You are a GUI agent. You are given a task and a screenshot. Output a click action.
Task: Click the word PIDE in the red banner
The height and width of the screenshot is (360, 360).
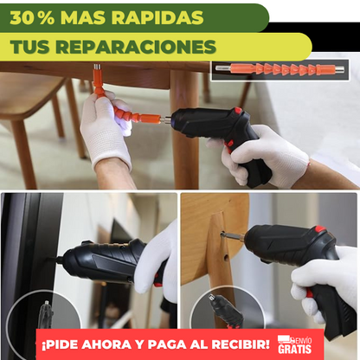(67, 344)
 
